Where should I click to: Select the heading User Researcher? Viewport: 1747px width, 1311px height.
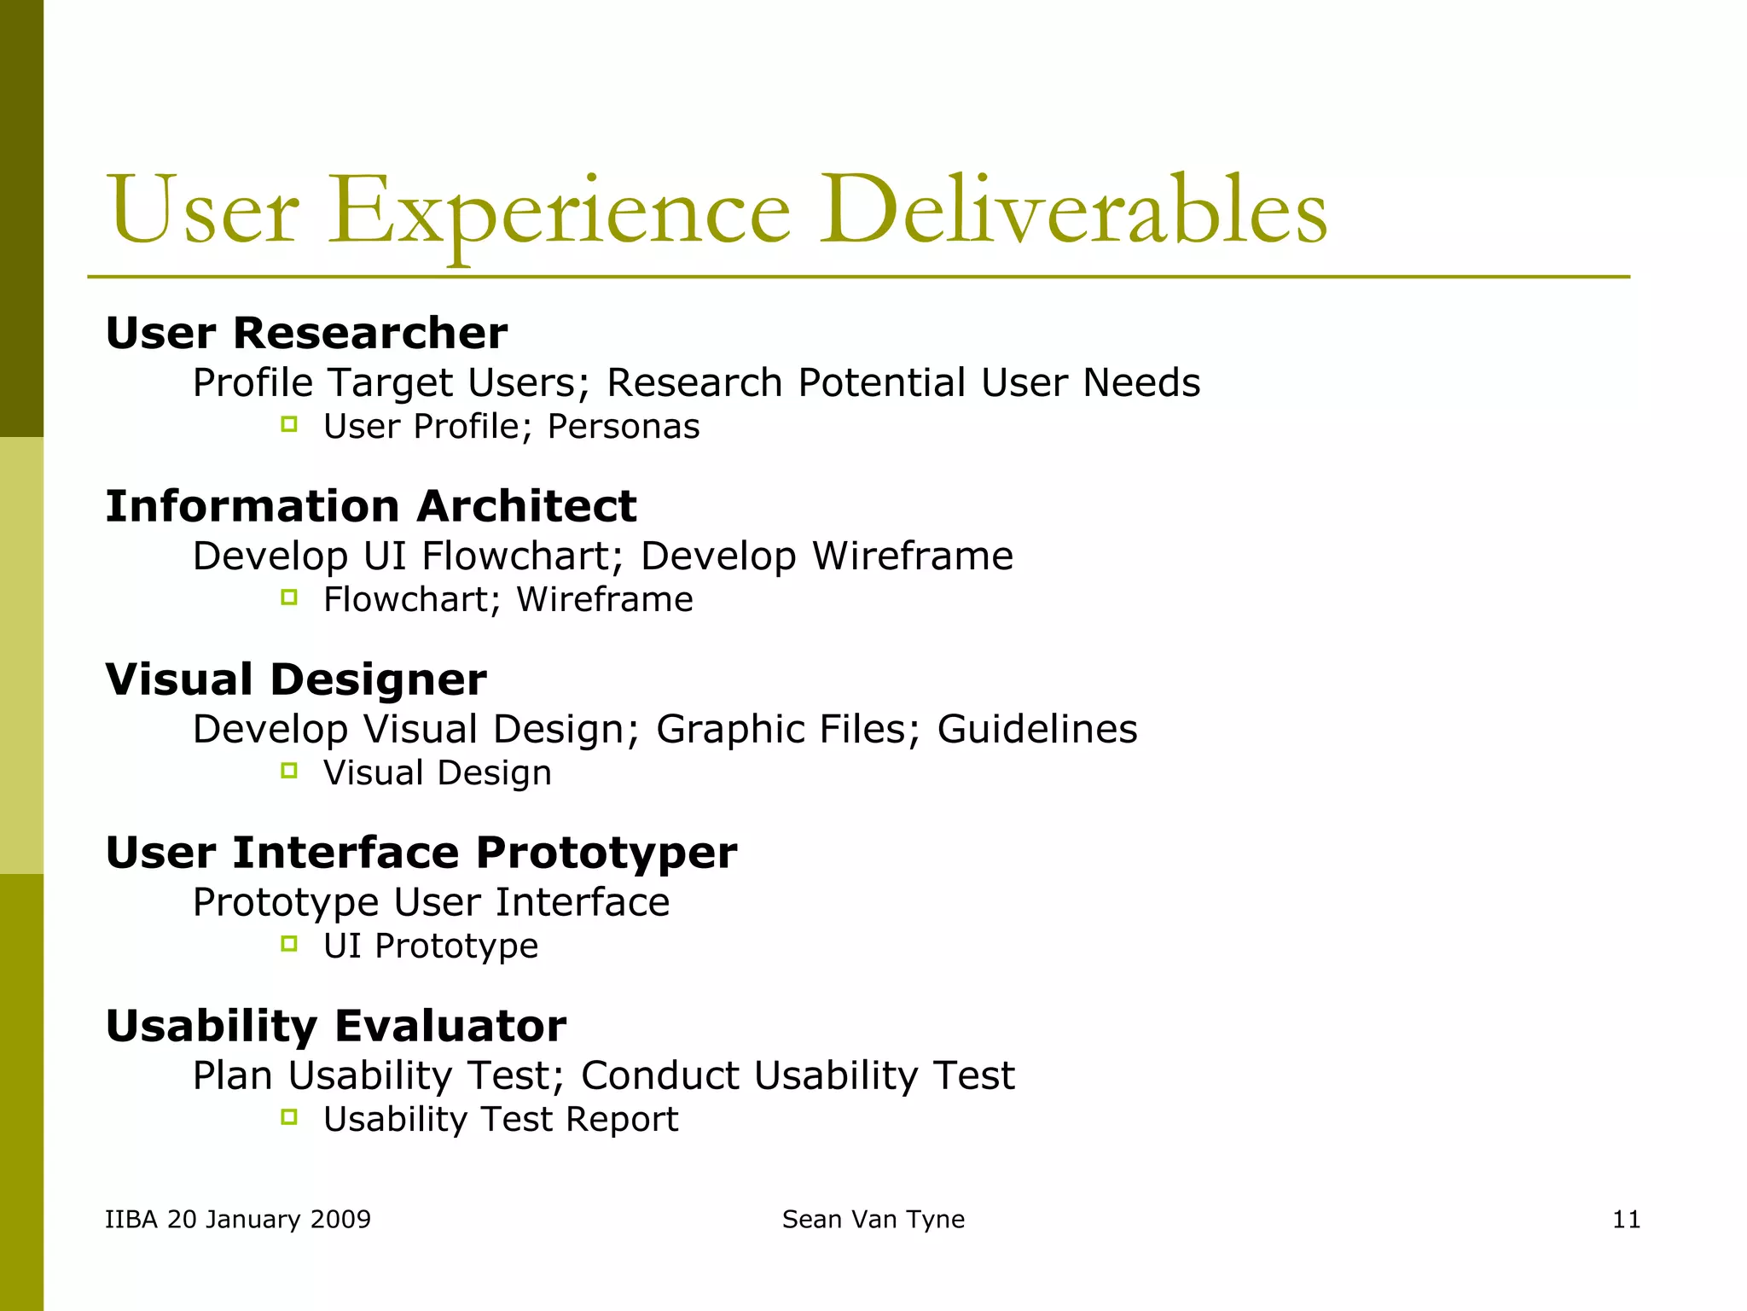coord(306,333)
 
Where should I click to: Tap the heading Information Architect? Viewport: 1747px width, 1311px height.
coord(371,506)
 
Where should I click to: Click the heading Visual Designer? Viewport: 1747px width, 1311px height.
coord(296,679)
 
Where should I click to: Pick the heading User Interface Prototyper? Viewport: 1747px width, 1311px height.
coord(421,853)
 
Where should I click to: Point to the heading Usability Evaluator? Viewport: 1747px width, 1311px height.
coord(335,1026)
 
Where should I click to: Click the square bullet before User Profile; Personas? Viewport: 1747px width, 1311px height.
coord(289,424)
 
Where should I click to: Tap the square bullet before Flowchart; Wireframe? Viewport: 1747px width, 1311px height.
coord(289,597)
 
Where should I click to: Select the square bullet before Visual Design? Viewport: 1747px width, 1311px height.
coord(289,771)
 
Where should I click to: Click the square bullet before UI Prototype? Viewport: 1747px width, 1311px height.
coord(289,944)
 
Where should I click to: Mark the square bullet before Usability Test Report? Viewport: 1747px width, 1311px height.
coord(289,1117)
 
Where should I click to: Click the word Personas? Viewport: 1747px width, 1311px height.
coord(624,427)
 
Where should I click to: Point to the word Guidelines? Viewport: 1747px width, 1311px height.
coord(1037,730)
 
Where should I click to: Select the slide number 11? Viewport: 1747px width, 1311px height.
coord(1626,1220)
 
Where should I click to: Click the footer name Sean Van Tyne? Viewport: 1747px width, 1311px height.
coord(873,1220)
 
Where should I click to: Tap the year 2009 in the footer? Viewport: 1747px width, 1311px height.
coord(340,1220)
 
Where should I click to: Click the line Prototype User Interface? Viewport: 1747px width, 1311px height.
coord(431,903)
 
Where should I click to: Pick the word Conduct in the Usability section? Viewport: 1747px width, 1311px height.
coord(659,1075)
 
